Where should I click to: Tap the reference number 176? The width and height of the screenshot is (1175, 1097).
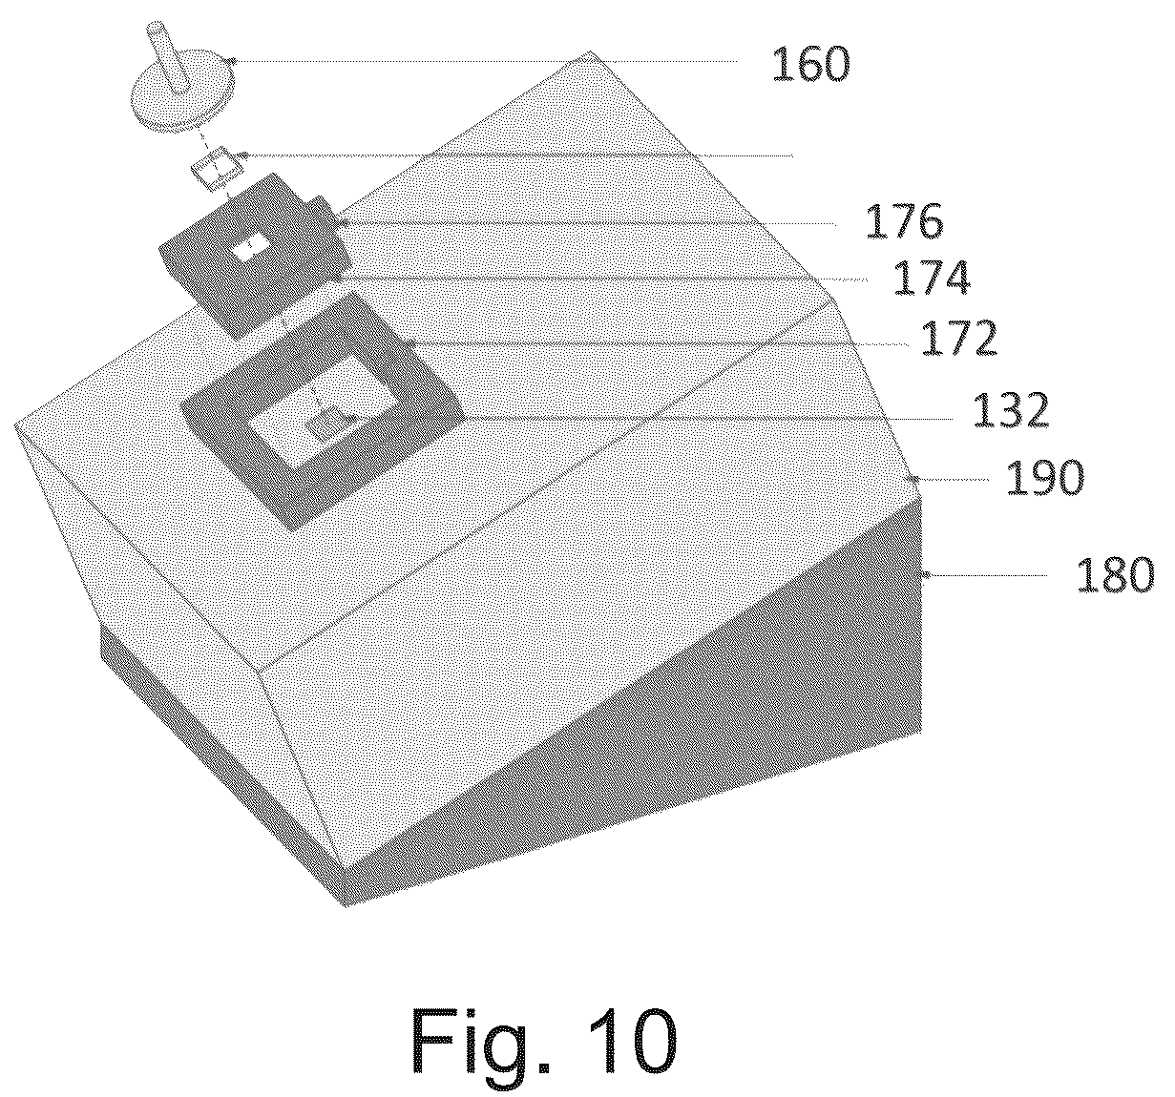[x=904, y=221]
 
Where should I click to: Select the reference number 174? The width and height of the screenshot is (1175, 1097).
[x=932, y=277]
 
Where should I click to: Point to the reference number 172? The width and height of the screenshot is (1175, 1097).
[x=959, y=338]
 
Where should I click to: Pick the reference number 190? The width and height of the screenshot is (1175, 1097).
[x=1045, y=477]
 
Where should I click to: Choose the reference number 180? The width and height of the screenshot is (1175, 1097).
[x=1115, y=574]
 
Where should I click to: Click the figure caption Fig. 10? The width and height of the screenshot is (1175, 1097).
[x=543, y=1037]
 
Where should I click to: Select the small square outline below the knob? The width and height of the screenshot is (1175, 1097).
[x=217, y=169]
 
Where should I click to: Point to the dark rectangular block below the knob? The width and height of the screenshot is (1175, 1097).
[x=253, y=255]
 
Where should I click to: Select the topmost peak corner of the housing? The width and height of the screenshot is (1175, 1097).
[x=589, y=52]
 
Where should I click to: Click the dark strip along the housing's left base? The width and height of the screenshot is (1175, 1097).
[x=219, y=739]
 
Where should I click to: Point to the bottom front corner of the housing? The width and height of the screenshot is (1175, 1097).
[x=345, y=905]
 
